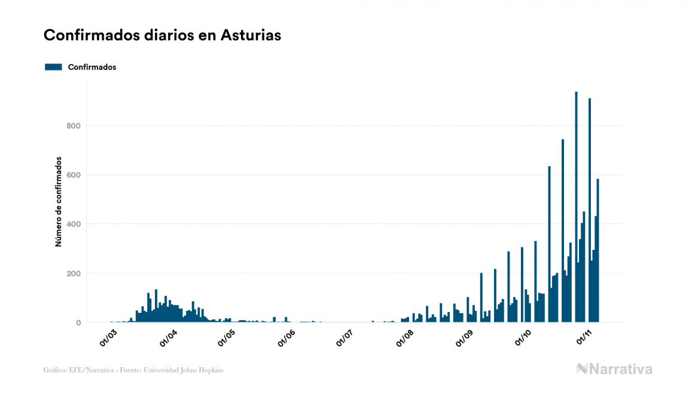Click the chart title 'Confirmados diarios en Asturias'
point(162,35)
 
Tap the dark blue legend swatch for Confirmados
point(53,67)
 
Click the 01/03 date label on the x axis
point(109,338)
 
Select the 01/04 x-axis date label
point(168,338)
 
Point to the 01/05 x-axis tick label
point(227,338)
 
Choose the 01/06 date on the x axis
point(286,338)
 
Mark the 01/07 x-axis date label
point(345,338)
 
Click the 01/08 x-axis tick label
point(404,338)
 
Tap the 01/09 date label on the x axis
point(464,338)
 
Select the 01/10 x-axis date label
point(523,338)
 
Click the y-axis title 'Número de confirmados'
point(59,202)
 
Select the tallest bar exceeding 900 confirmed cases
point(576,209)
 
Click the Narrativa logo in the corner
point(614,369)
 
